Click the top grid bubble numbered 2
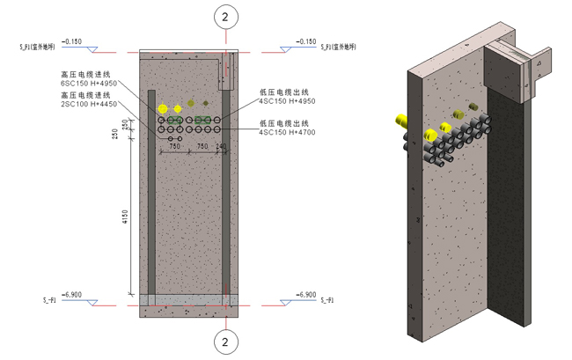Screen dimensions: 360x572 [x=226, y=16]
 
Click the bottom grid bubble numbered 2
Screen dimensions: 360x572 [x=226, y=341]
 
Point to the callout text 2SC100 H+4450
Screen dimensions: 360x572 [x=88, y=105]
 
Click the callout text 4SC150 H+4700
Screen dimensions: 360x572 [x=287, y=133]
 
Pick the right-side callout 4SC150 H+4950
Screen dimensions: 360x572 [x=287, y=101]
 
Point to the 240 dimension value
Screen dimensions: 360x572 [x=220, y=146]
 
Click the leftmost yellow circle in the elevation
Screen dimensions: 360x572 [x=162, y=107]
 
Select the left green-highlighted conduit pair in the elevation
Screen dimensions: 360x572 [x=176, y=120]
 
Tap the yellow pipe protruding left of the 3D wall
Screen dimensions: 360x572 [x=402, y=121]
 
